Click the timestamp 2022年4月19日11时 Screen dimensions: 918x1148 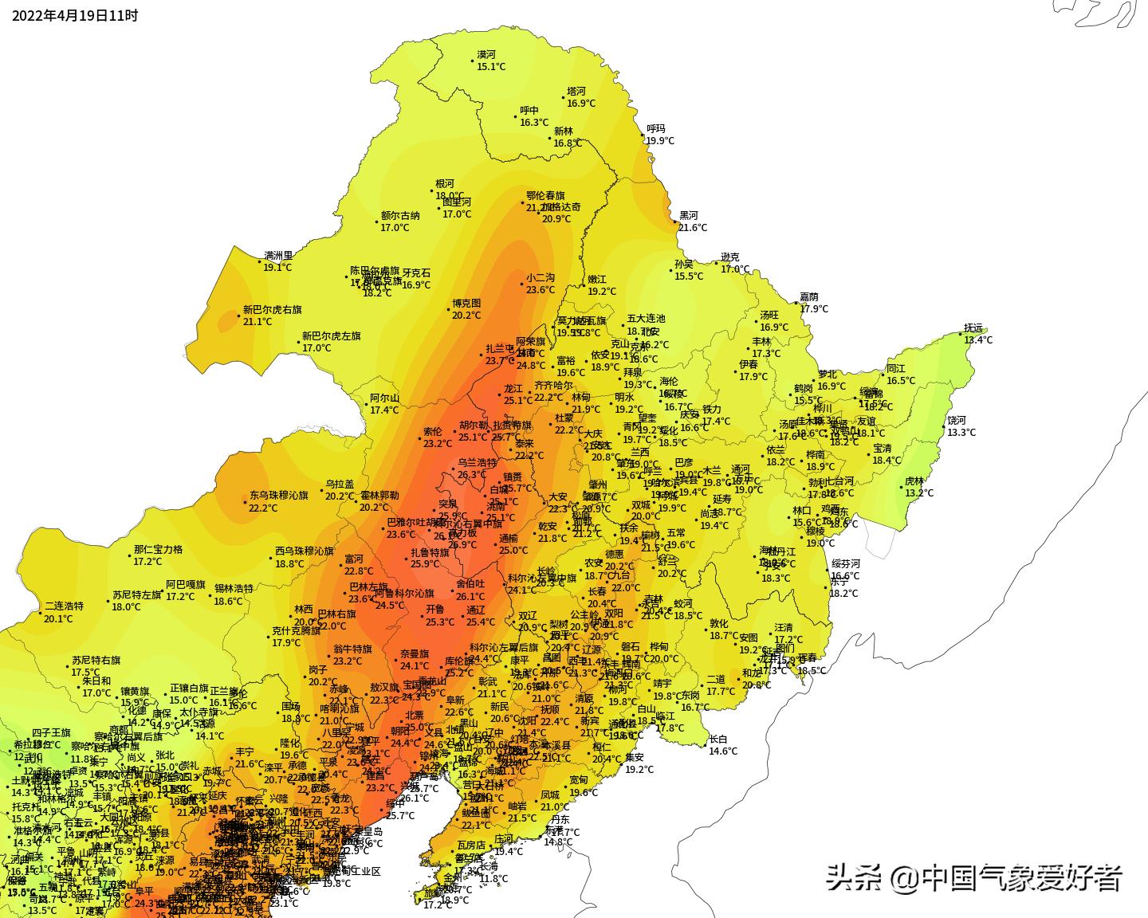[x=75, y=15]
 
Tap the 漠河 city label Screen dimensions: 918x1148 [x=486, y=55]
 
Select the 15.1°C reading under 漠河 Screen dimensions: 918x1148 [x=491, y=67]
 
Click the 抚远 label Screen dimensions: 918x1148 [x=973, y=328]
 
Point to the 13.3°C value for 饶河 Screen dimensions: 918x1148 [x=961, y=433]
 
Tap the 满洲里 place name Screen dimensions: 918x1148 [x=278, y=256]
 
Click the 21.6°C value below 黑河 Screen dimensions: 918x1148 [x=693, y=228]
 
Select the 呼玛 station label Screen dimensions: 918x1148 [x=655, y=128]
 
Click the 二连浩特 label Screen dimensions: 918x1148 [x=64, y=606]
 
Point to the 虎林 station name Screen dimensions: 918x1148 [x=914, y=481]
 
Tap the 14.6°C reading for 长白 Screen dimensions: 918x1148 [x=723, y=751]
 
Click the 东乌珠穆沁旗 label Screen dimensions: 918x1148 [x=278, y=495]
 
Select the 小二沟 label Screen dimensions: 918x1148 [x=540, y=277]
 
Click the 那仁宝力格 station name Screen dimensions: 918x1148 [x=158, y=549]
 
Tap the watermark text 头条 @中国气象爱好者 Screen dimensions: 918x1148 [x=974, y=878]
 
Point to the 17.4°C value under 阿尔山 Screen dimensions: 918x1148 [x=384, y=410]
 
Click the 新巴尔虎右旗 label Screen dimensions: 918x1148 [x=273, y=309]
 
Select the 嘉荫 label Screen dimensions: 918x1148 [x=809, y=297]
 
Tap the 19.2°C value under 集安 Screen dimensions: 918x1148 [x=639, y=770]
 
